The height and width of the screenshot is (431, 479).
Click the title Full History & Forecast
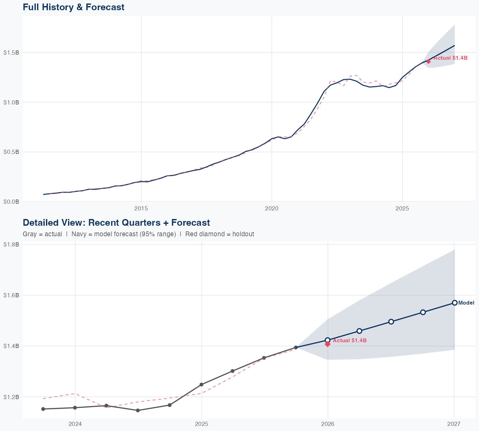tap(73, 7)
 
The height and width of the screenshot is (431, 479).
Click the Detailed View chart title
tap(116, 223)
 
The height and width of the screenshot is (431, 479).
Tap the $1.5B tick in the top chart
tap(11, 52)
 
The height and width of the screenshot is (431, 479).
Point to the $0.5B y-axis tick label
tap(11, 152)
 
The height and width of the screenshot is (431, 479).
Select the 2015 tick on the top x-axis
tap(141, 208)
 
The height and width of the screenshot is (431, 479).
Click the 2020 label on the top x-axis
tap(272, 208)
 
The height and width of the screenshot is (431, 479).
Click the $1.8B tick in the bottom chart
tap(11, 245)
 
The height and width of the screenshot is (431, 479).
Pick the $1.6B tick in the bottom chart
tap(11, 295)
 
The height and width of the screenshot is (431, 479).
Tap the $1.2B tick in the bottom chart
tap(11, 397)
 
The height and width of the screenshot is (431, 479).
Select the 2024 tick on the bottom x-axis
tap(75, 424)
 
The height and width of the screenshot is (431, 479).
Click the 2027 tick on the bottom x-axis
tap(454, 424)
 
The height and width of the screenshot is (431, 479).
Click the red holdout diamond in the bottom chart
tap(327, 344)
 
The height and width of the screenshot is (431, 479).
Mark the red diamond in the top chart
tap(428, 62)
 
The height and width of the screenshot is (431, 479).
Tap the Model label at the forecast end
tap(466, 303)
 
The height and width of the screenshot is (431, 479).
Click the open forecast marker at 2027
tap(454, 303)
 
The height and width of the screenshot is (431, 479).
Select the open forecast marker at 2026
tap(327, 340)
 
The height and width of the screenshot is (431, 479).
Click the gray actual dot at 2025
tap(201, 384)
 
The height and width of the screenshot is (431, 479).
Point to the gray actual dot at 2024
tap(75, 408)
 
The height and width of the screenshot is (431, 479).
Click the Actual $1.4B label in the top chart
tap(450, 58)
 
